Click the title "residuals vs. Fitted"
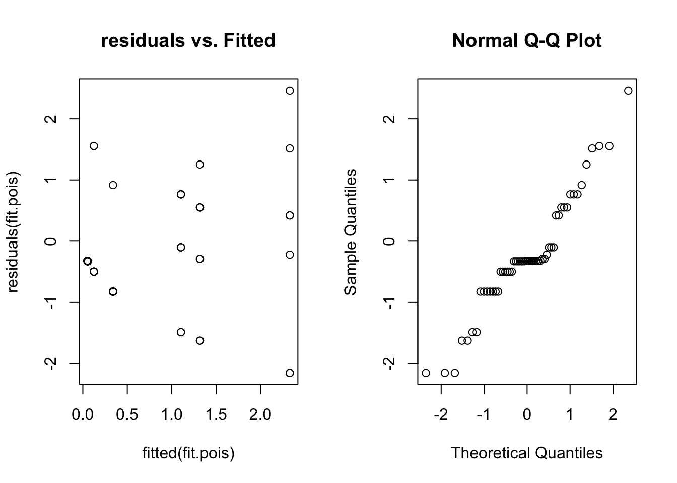(x=188, y=40)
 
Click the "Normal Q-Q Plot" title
(x=526, y=40)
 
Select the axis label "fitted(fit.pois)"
(x=188, y=453)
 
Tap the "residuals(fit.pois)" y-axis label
(x=13, y=232)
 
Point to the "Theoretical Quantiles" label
(x=526, y=453)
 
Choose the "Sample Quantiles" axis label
(x=351, y=232)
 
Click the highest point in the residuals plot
(x=290, y=91)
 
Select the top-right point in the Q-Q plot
(x=628, y=91)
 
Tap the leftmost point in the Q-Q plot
(x=426, y=373)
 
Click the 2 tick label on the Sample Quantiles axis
(x=389, y=119)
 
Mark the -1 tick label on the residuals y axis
(x=51, y=302)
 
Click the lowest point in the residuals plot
(x=290, y=373)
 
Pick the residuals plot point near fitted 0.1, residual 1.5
(x=94, y=146)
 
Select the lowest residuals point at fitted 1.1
(x=181, y=332)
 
